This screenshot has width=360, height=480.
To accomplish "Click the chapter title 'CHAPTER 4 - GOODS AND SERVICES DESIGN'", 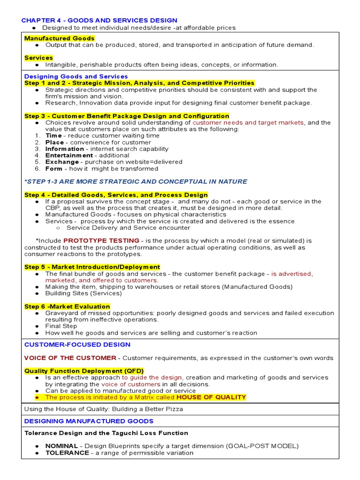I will (x=99, y=20).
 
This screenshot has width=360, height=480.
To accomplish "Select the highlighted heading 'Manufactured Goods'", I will (x=60, y=38).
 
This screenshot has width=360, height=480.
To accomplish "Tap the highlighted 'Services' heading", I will (x=38, y=58).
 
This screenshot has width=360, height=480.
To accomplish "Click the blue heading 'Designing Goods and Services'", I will (x=76, y=76).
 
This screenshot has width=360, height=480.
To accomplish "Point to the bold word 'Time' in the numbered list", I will (x=53, y=135).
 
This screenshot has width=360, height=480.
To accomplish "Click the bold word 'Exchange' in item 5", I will (x=60, y=162).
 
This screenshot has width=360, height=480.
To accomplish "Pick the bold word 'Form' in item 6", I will (x=53, y=168).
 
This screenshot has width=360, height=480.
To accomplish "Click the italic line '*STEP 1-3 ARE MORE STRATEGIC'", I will (x=136, y=181).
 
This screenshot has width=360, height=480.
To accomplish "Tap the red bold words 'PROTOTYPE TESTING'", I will (x=101, y=240).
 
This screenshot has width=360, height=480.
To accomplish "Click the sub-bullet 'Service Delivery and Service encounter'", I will (x=128, y=228).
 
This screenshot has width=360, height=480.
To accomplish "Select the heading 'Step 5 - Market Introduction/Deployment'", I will (x=92, y=267).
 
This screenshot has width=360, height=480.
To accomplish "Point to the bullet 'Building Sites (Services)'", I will (x=83, y=293).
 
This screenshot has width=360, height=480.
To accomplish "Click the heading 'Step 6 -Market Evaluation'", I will (x=67, y=306).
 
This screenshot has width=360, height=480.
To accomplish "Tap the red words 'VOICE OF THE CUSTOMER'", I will (x=70, y=358).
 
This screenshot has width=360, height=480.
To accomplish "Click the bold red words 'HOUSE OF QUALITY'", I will (x=210, y=397).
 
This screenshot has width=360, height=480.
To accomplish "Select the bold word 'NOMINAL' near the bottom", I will (x=62, y=446).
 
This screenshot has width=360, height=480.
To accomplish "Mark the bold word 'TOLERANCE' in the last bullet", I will (x=67, y=453).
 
